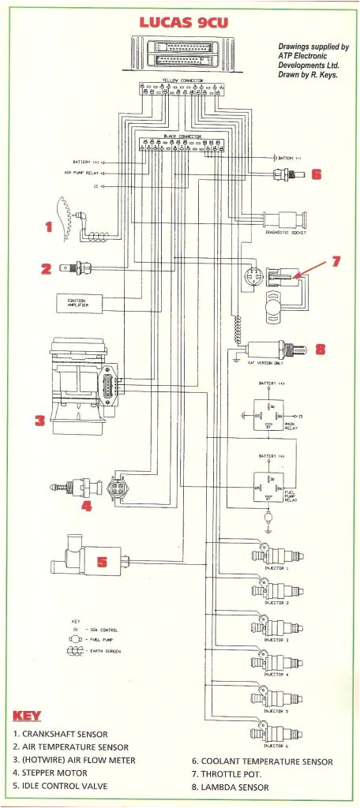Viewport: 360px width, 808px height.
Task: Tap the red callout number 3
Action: tap(39, 421)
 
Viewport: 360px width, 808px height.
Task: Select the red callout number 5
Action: tap(100, 561)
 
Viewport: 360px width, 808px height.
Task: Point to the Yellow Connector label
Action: tap(182, 80)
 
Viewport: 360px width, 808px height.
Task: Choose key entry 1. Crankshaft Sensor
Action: tap(65, 733)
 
